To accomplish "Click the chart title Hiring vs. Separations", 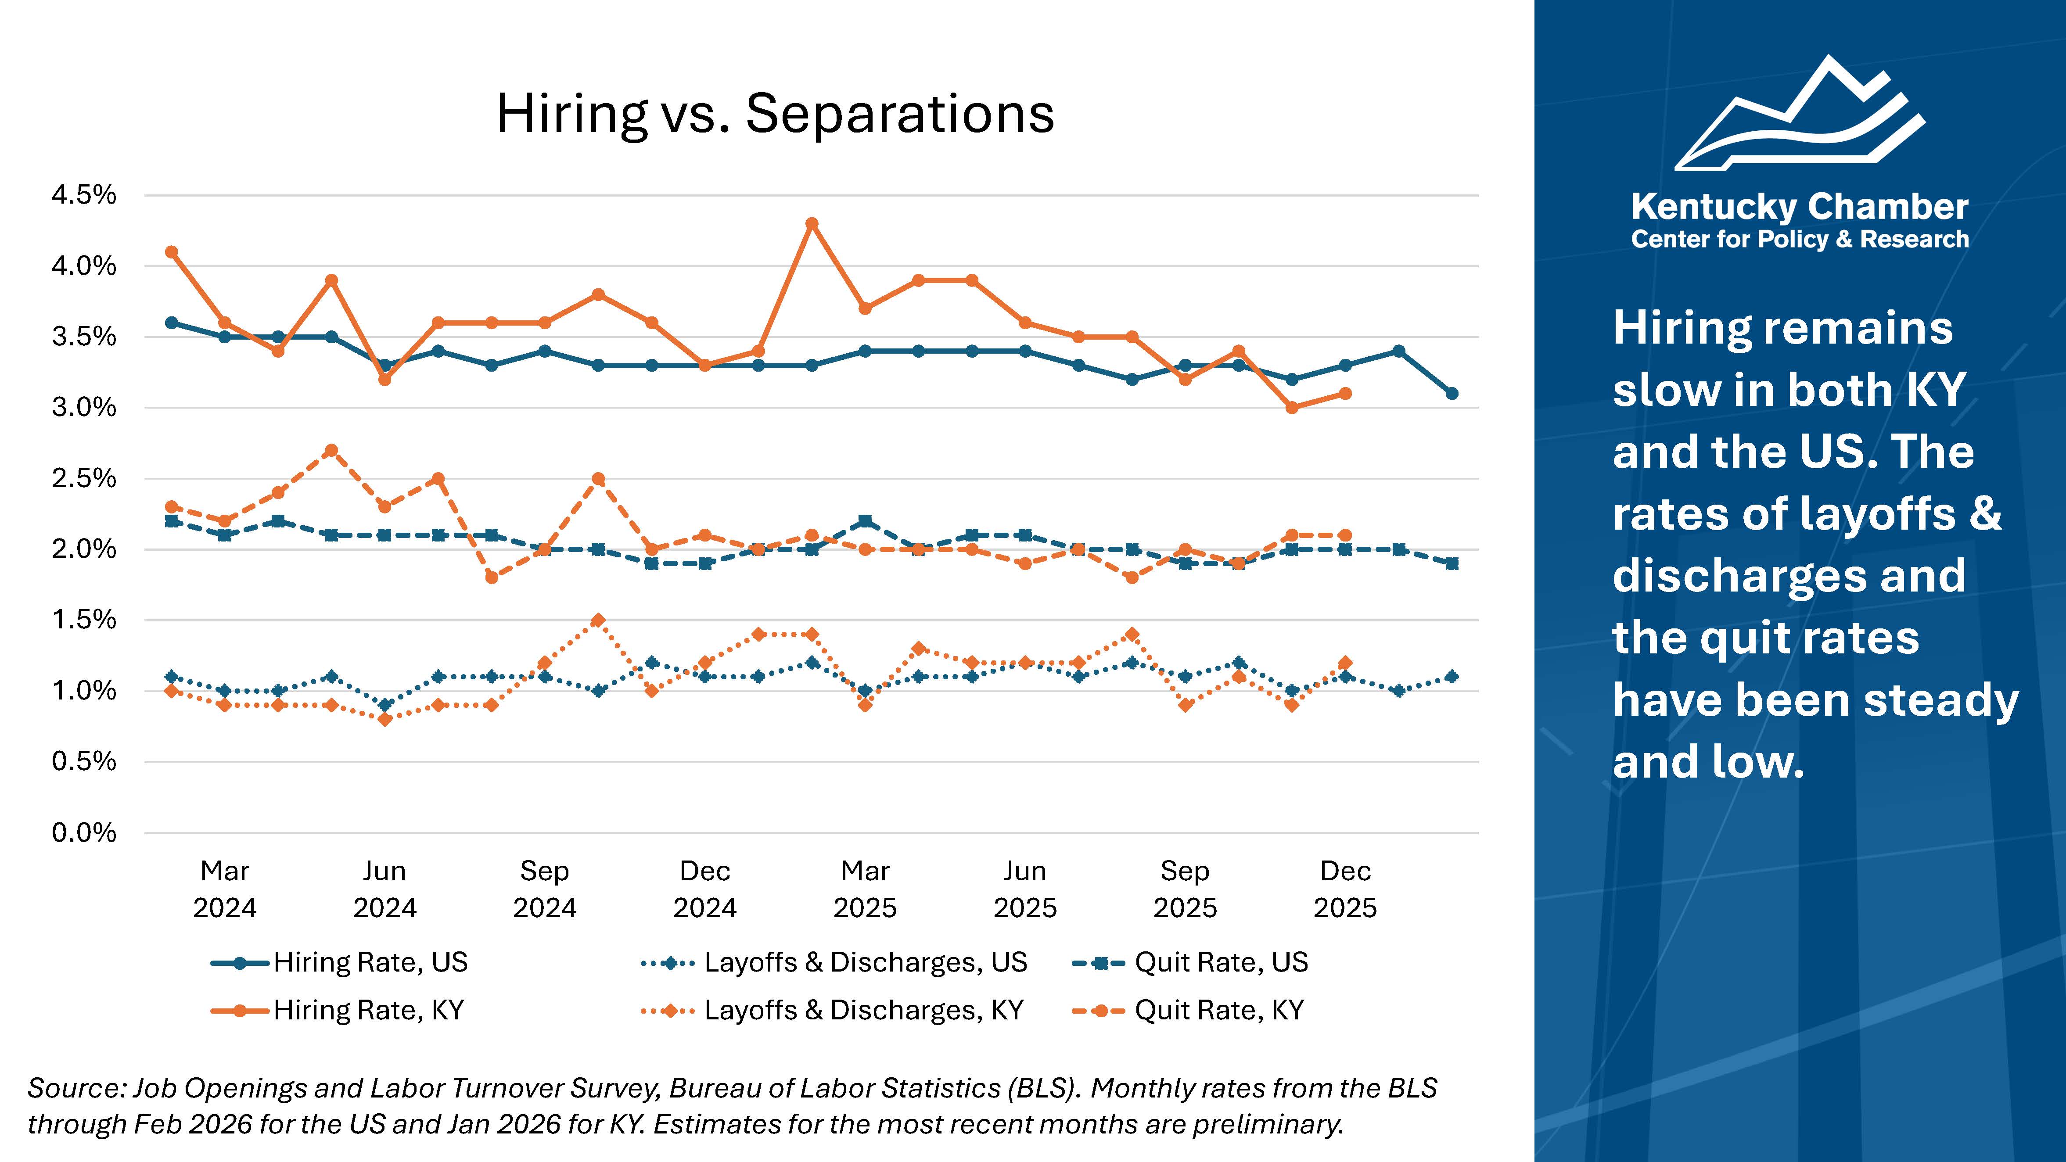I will pos(775,114).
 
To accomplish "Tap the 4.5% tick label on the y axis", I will pos(84,195).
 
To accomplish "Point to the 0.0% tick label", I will pos(84,832).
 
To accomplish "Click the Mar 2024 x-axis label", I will pos(225,889).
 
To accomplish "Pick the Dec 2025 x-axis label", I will pos(1345,889).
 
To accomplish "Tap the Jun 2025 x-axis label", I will pos(1025,889).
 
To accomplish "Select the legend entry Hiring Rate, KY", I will pos(368,1010).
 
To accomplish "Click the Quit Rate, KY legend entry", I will pos(1219,1010).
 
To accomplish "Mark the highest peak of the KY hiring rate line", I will pos(812,224).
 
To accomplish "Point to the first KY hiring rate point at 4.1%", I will pos(171,252).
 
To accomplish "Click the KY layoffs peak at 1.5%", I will pos(597,620).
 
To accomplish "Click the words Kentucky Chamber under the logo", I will pos(1800,207).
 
